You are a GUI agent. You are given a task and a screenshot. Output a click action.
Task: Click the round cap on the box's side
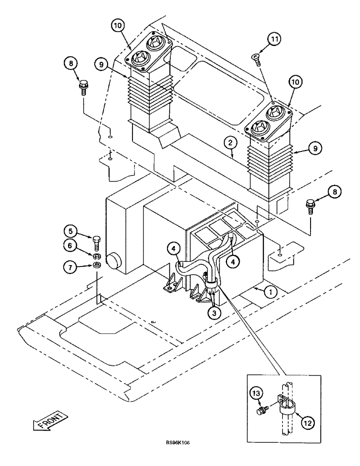pyautogui.click(x=113, y=261)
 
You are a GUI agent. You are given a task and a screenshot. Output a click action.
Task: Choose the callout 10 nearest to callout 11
pyautogui.click(x=295, y=83)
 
